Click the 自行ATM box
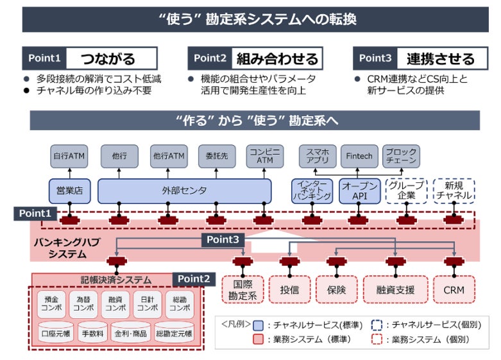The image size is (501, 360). tap(69, 156)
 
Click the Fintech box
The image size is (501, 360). tap(359, 156)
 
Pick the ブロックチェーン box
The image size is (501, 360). tap(402, 156)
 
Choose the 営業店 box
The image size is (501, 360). tap(69, 191)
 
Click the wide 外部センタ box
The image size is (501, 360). tap(184, 191)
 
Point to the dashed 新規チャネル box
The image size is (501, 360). tap(454, 191)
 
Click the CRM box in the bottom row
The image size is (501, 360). tap(454, 290)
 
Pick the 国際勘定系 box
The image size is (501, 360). tap(242, 290)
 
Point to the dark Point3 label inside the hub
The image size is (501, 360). tap(224, 239)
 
